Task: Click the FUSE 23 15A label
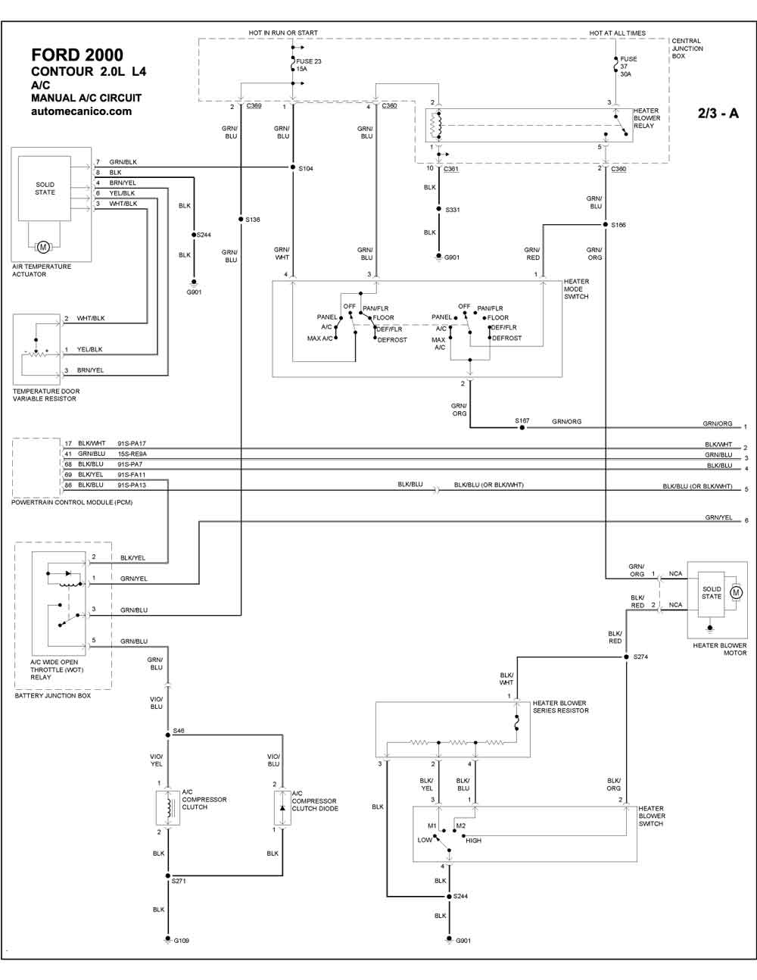point(309,65)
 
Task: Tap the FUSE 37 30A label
point(628,67)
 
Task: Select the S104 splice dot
point(293,167)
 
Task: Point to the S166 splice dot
point(606,225)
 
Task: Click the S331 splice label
point(453,210)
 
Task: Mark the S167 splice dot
point(522,427)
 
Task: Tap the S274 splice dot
point(626,657)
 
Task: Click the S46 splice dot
point(168,735)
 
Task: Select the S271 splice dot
point(168,875)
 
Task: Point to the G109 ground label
point(181,941)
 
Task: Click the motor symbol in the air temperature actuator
point(43,247)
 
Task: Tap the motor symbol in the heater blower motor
point(737,592)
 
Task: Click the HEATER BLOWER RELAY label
point(647,118)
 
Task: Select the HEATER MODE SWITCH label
point(576,289)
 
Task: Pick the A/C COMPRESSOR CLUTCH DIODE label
point(315,801)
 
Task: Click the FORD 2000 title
point(77,55)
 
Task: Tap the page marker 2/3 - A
point(718,113)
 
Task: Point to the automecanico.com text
point(82,111)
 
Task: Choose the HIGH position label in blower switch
point(474,841)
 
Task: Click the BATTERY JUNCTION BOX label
point(53,696)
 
